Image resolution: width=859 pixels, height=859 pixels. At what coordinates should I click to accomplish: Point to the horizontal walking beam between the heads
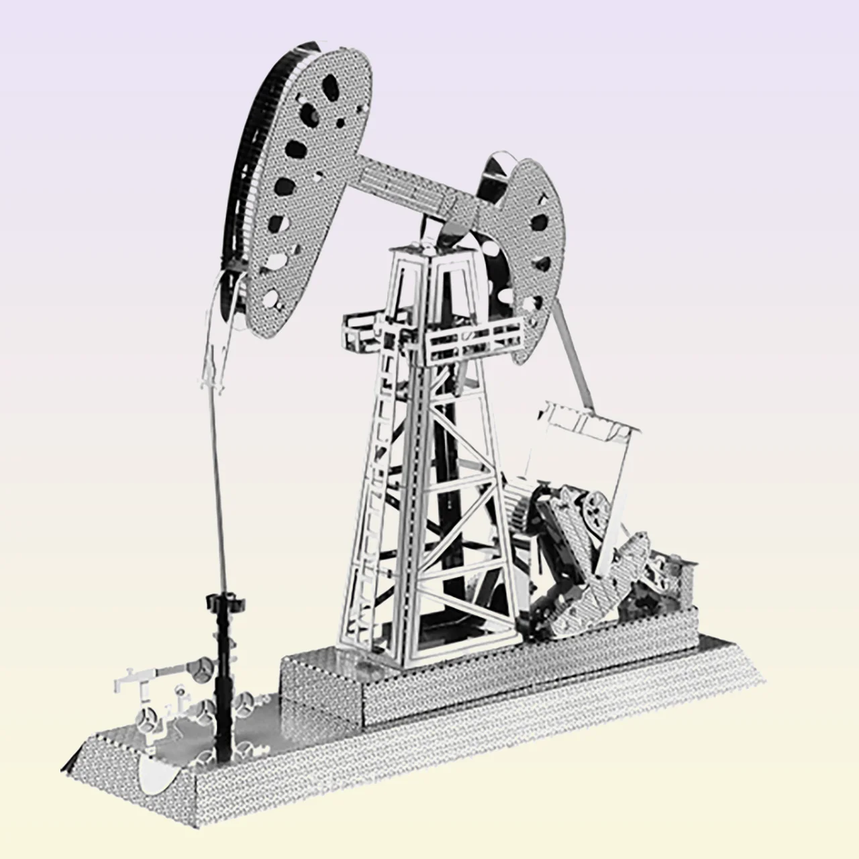tap(416, 181)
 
